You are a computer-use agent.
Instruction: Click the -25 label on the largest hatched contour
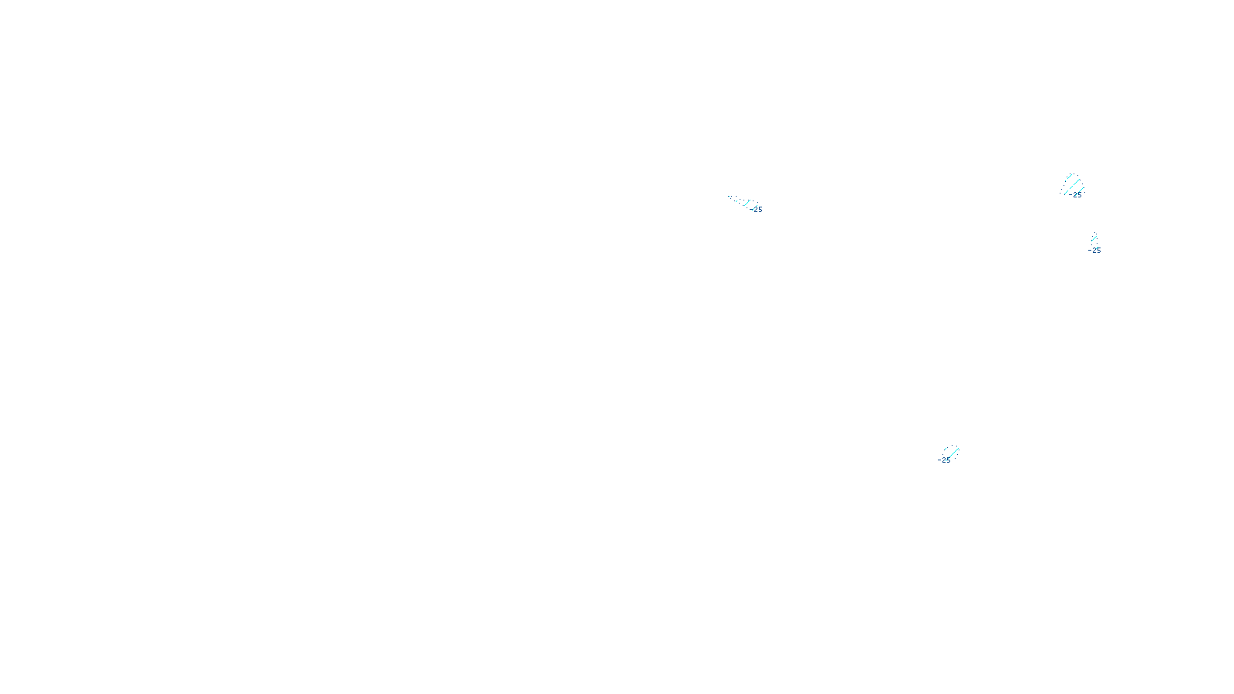pyautogui.click(x=1076, y=195)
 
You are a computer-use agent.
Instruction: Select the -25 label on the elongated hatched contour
pyautogui.click(x=757, y=210)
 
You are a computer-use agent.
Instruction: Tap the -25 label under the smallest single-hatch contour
pyautogui.click(x=1095, y=251)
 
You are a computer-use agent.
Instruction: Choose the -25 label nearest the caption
pyautogui.click(x=944, y=460)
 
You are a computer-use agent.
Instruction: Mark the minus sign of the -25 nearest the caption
pyautogui.click(x=939, y=460)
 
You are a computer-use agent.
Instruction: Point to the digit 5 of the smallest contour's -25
pyautogui.click(x=1098, y=251)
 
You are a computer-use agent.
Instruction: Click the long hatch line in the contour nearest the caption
pyautogui.click(x=952, y=453)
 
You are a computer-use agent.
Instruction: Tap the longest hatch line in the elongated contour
pyautogui.click(x=747, y=204)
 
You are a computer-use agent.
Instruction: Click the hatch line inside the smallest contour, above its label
pyautogui.click(x=1094, y=239)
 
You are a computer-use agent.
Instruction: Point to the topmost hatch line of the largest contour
pyautogui.click(x=1069, y=177)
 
